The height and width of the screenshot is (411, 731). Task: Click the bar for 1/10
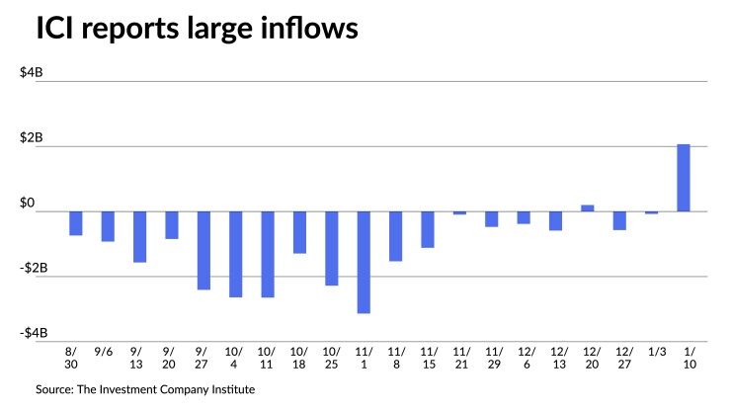click(684, 178)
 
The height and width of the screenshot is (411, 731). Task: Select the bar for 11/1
click(364, 262)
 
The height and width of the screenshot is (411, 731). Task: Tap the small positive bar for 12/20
click(588, 207)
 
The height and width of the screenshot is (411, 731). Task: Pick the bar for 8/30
click(75, 223)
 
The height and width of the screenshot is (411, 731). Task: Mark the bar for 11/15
click(428, 229)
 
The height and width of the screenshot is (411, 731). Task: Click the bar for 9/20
click(171, 225)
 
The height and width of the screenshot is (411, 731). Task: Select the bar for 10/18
click(299, 232)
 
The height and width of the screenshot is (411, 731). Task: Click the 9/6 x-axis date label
click(107, 351)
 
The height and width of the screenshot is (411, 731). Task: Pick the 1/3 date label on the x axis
click(652, 351)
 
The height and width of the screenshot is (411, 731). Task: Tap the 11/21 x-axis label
click(460, 357)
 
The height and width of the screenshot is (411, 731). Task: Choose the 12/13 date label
click(556, 357)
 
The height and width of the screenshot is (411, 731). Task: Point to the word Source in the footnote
click(55, 389)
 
